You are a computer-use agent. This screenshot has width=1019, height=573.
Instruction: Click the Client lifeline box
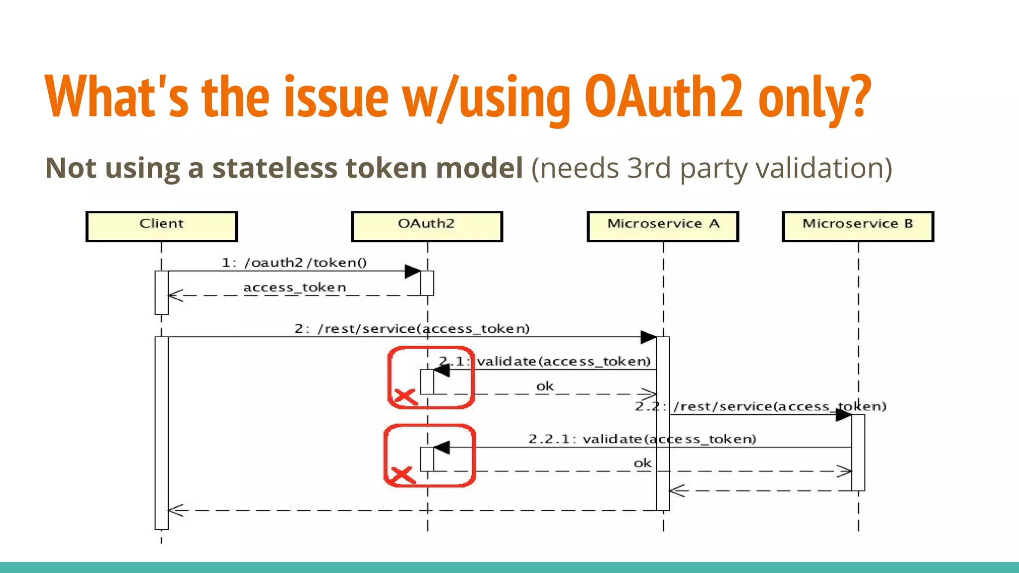pyautogui.click(x=162, y=226)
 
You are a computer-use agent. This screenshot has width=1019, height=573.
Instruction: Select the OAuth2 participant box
pyautogui.click(x=427, y=226)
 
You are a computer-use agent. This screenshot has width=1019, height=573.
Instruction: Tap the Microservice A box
pyautogui.click(x=663, y=226)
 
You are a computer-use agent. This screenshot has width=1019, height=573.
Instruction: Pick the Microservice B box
pyautogui.click(x=858, y=226)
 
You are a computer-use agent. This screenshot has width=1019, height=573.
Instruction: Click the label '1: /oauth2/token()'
pyautogui.click(x=294, y=263)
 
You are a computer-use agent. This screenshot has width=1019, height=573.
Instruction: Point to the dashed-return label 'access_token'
pyautogui.click(x=295, y=287)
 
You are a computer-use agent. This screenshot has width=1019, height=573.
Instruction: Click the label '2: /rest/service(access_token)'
pyautogui.click(x=412, y=329)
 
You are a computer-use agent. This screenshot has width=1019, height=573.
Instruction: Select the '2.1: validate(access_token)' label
pyautogui.click(x=545, y=361)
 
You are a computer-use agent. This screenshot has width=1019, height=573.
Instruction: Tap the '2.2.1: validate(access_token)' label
pyautogui.click(x=642, y=439)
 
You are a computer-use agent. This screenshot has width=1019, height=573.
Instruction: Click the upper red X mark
pyautogui.click(x=405, y=396)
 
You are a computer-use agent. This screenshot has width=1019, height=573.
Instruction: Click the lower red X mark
pyautogui.click(x=403, y=475)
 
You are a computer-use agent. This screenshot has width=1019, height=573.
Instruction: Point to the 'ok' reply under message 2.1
pyautogui.click(x=545, y=386)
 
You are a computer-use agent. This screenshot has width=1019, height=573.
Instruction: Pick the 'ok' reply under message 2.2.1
pyautogui.click(x=642, y=463)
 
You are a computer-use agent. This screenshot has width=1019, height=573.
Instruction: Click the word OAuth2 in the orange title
pyautogui.click(x=664, y=97)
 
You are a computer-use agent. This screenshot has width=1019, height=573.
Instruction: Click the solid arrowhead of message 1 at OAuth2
pyautogui.click(x=413, y=271)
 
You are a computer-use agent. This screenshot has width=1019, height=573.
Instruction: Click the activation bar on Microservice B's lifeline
pyautogui.click(x=858, y=453)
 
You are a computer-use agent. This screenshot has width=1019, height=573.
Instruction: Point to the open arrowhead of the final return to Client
pyautogui.click(x=175, y=510)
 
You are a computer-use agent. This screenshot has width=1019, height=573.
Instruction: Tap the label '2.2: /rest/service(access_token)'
pyautogui.click(x=760, y=406)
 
